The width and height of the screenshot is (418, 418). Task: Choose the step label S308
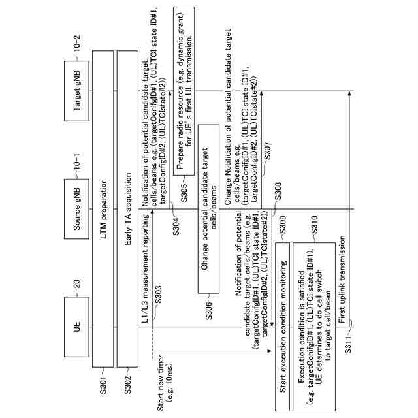(x=277, y=194)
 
